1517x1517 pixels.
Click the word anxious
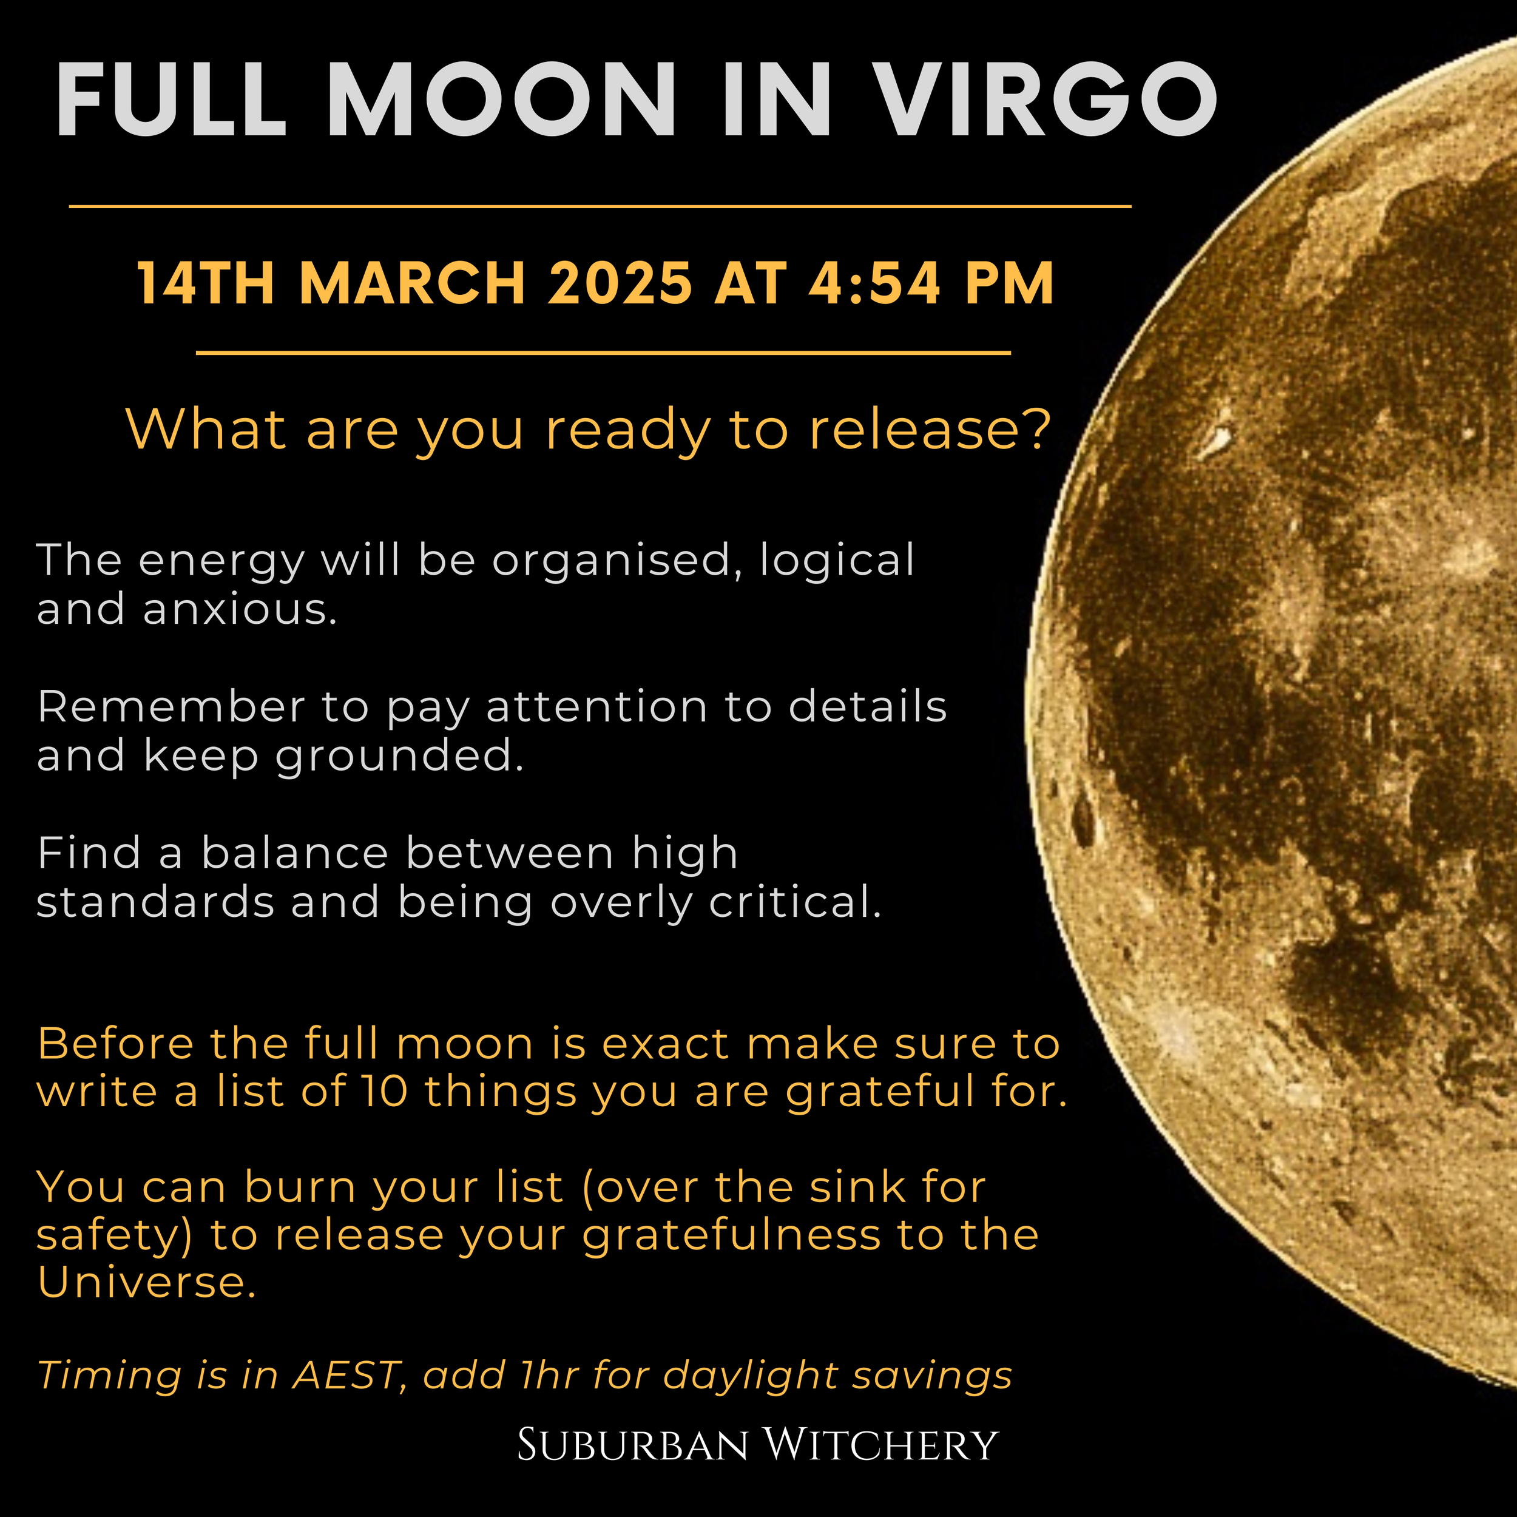[x=240, y=609]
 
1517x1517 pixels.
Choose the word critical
[x=796, y=903]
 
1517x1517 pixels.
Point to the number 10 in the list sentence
[x=385, y=1092]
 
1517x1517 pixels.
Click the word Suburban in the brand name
[x=633, y=1445]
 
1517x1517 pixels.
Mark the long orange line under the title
[x=600, y=206]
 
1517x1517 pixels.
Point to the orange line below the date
[x=603, y=353]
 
